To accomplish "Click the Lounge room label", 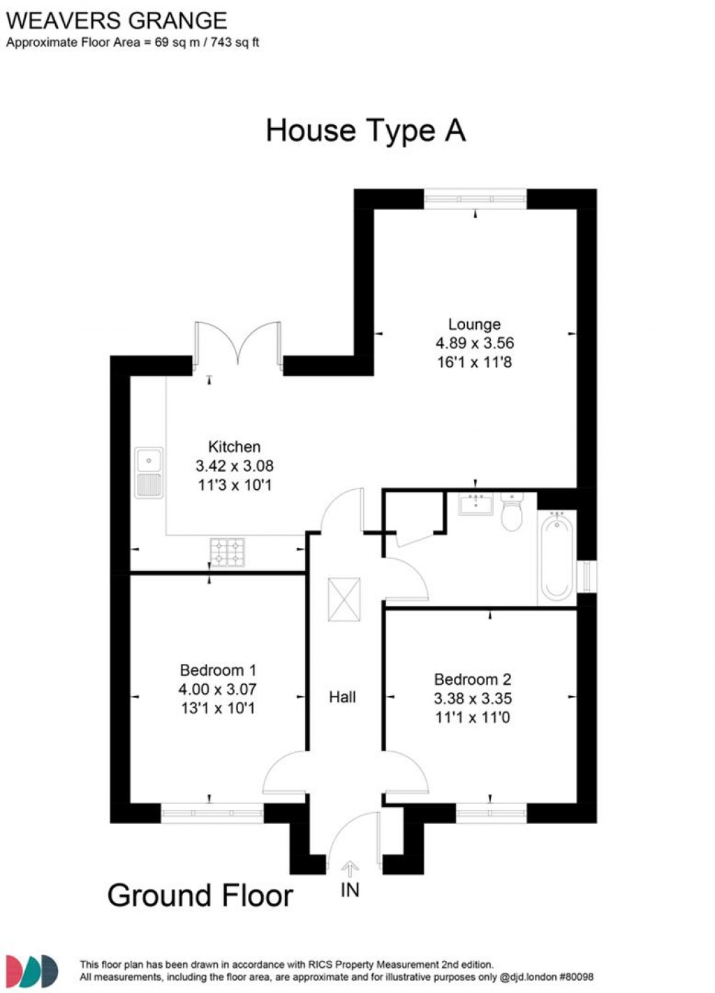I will click(x=474, y=324).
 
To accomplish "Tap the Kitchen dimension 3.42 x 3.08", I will click(x=234, y=466).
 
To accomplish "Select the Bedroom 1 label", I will click(x=217, y=670).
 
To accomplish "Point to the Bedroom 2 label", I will click(x=472, y=679).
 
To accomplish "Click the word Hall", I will click(x=342, y=697).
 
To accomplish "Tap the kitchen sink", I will click(x=149, y=472).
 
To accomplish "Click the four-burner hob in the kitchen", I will click(x=228, y=551).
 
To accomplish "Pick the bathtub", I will click(x=556, y=557).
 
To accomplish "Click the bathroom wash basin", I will click(x=476, y=503).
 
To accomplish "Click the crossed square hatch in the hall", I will click(x=344, y=599).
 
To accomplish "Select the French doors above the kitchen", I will click(x=239, y=344).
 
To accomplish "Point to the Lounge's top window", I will click(x=475, y=199).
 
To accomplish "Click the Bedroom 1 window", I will click(x=212, y=813).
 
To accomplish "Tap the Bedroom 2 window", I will click(x=491, y=813).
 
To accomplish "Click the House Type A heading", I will click(x=365, y=131).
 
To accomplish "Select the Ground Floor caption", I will click(x=200, y=896).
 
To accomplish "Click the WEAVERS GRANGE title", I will click(x=117, y=20).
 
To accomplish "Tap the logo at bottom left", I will click(x=32, y=971).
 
